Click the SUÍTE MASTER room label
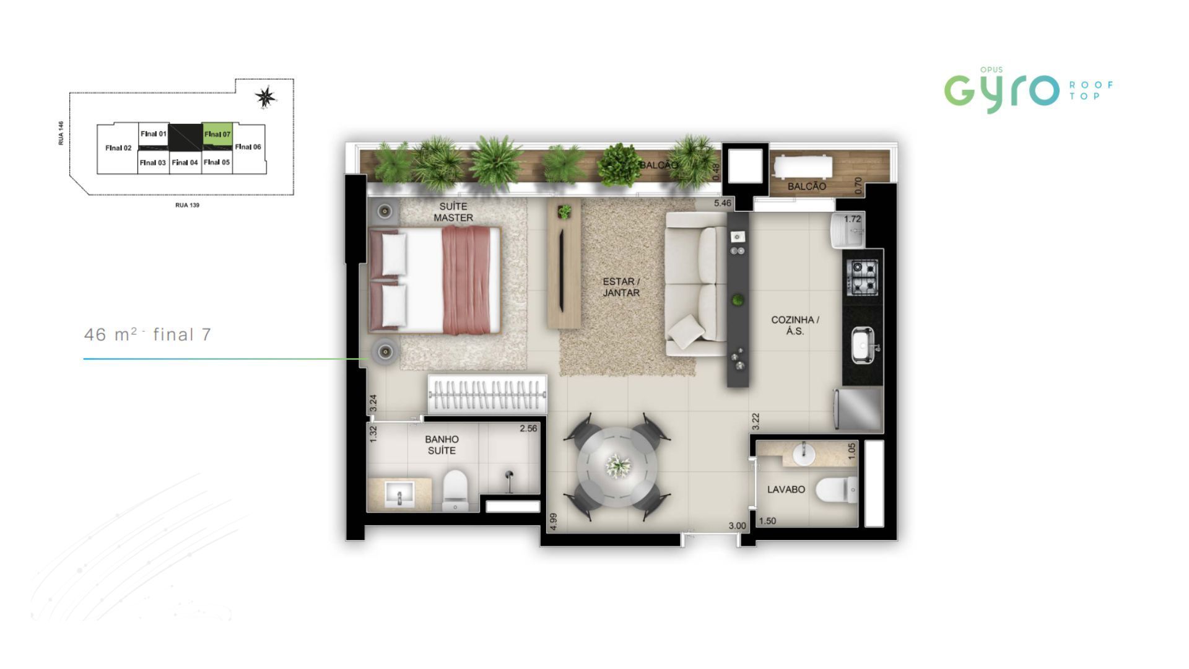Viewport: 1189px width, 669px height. (453, 212)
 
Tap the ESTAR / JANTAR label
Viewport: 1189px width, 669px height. (621, 287)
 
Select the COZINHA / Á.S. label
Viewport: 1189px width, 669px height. (795, 325)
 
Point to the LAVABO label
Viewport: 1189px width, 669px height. (786, 489)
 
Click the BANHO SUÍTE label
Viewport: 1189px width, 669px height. (442, 445)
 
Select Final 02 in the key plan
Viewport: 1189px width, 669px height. (118, 148)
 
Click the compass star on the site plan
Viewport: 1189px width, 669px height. (266, 97)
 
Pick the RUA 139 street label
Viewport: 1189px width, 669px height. (187, 205)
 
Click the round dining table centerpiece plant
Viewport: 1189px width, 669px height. (618, 465)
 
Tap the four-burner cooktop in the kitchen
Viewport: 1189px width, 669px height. (861, 277)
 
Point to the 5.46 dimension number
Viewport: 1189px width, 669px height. (723, 203)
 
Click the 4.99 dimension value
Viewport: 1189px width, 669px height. (554, 522)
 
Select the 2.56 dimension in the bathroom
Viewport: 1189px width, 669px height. (528, 428)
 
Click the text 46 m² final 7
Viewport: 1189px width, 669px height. (148, 334)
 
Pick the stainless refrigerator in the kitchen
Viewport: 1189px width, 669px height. (859, 409)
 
